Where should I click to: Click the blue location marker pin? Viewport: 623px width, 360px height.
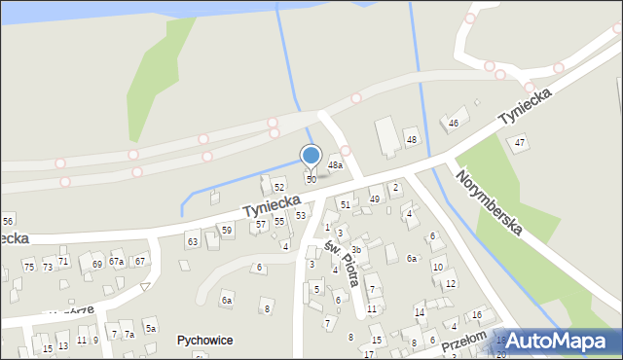(311, 157)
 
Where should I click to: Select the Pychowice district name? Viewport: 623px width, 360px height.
(204, 341)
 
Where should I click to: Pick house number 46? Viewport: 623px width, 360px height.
(454, 124)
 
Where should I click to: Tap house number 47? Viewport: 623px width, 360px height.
(520, 143)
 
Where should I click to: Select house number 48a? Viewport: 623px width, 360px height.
(335, 165)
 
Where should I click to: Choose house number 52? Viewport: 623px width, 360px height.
(279, 187)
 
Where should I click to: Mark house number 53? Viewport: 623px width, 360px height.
(301, 215)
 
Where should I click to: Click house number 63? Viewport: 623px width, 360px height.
(193, 240)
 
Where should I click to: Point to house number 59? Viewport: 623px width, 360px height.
(226, 231)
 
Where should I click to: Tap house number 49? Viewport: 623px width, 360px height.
(375, 199)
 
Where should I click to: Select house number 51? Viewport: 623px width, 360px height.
(346, 204)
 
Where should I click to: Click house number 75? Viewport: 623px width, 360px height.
(29, 267)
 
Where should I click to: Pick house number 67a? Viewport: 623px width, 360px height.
(116, 262)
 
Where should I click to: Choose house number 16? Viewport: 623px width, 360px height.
(476, 315)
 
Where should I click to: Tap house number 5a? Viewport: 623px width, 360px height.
(151, 329)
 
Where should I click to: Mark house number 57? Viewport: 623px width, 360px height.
(260, 225)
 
